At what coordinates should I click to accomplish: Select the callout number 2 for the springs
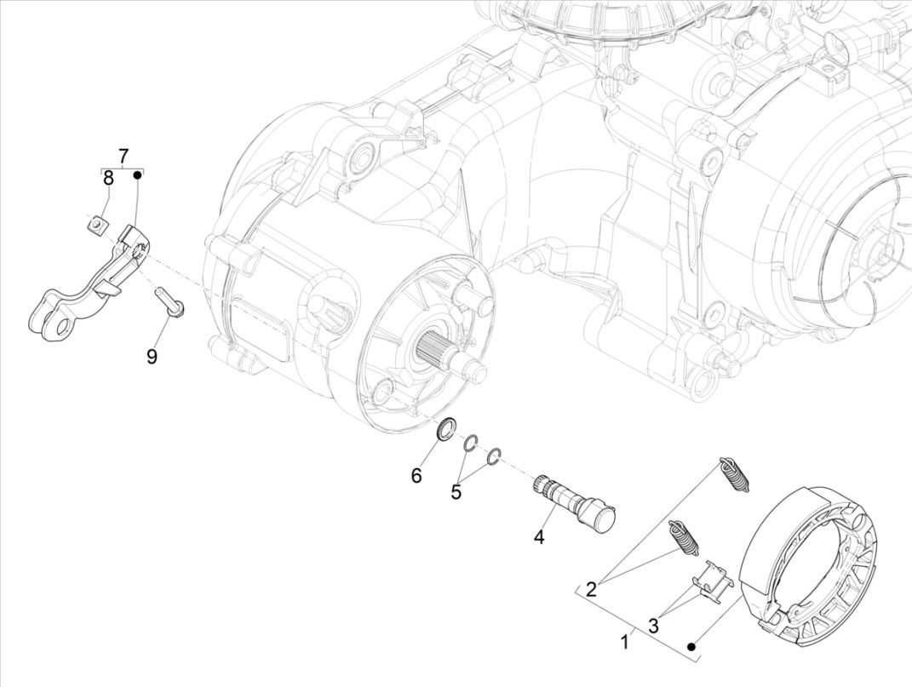click(x=591, y=588)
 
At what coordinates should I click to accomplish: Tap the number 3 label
click(x=653, y=626)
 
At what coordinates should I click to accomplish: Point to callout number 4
click(x=538, y=537)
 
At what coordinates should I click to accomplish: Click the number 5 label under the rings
click(x=456, y=491)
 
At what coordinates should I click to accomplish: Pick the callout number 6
click(x=416, y=475)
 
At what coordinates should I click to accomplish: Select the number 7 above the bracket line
click(x=123, y=156)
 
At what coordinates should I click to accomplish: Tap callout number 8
click(x=108, y=178)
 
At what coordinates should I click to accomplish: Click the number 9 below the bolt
click(x=152, y=356)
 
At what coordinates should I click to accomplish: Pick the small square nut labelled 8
click(x=99, y=225)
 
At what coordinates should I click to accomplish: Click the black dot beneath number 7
click(x=137, y=175)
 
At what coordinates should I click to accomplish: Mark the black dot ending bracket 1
click(x=692, y=648)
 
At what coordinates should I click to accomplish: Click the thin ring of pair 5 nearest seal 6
click(x=471, y=444)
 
